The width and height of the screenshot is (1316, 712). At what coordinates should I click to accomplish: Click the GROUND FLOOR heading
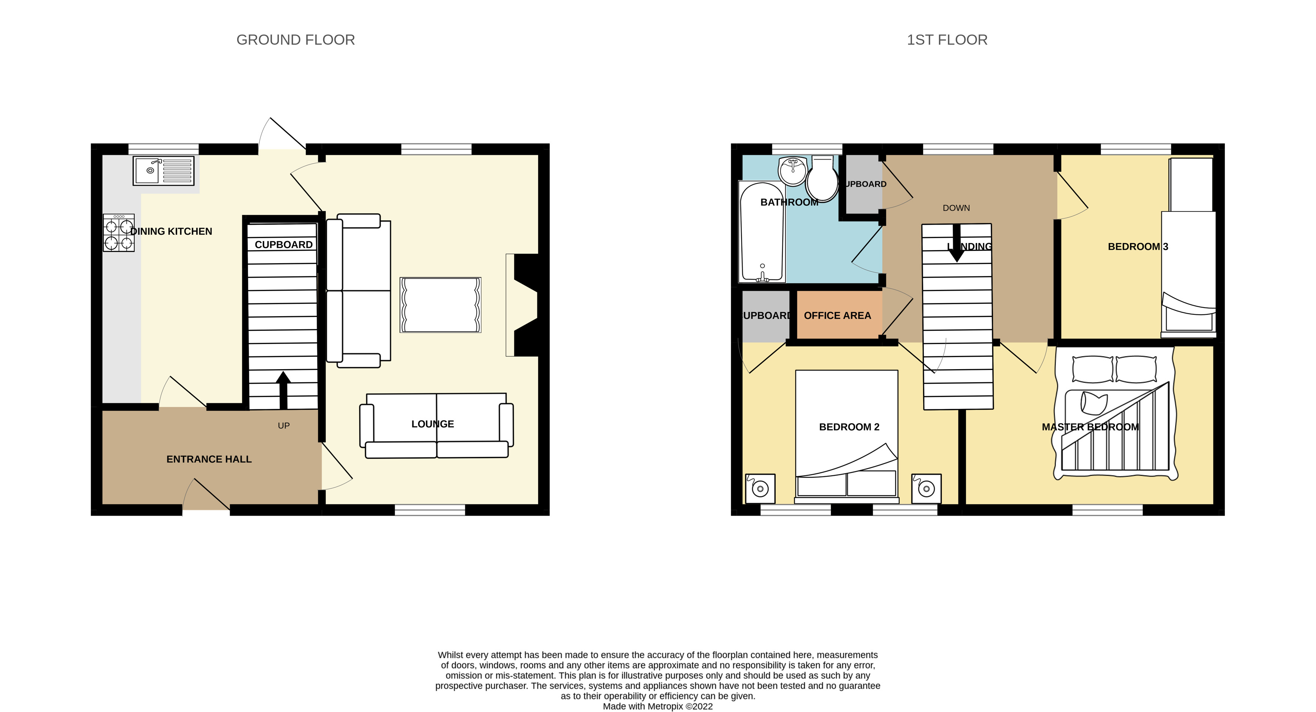coord(295,40)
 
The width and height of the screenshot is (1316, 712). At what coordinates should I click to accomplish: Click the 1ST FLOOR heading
coord(947,40)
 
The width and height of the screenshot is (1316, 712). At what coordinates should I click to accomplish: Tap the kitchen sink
coord(163,171)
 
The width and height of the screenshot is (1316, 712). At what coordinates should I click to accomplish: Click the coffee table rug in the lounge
coord(440,305)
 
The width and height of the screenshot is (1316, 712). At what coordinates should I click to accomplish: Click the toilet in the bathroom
coord(822,179)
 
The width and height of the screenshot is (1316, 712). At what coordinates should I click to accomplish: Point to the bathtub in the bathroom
coord(762,232)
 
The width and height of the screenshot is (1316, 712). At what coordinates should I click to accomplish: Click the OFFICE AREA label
coord(837,316)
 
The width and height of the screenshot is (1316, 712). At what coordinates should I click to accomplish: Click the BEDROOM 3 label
coord(1138,247)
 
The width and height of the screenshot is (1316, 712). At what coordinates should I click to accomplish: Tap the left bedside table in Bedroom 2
coord(760,489)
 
